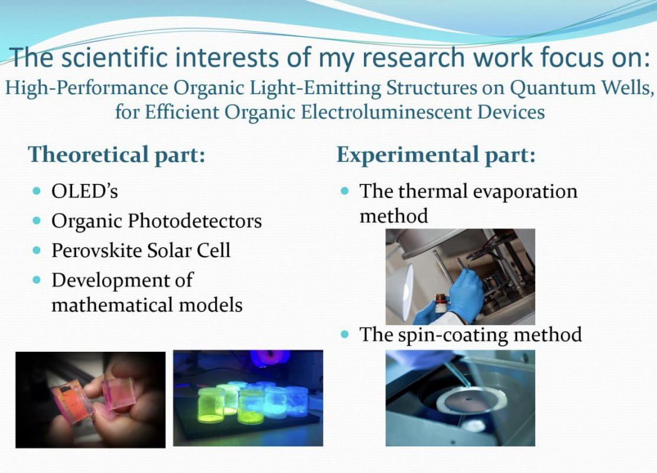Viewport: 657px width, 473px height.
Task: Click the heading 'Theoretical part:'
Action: (x=116, y=155)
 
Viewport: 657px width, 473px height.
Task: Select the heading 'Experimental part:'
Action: (x=436, y=155)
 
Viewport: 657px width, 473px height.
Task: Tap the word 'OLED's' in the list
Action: (x=84, y=191)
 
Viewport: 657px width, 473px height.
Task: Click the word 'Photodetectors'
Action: (x=194, y=221)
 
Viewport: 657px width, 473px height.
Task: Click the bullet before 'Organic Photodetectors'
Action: (x=37, y=221)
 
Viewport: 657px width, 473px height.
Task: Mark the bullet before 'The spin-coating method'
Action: (x=345, y=334)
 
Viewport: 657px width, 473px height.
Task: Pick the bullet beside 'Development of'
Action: (x=37, y=280)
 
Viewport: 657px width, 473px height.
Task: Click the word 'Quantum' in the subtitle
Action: (x=551, y=88)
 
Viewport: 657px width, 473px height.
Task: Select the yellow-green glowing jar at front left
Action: (x=210, y=404)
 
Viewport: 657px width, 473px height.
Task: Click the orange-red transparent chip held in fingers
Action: (x=72, y=404)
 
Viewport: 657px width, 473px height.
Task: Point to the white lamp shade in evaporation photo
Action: (x=400, y=293)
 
